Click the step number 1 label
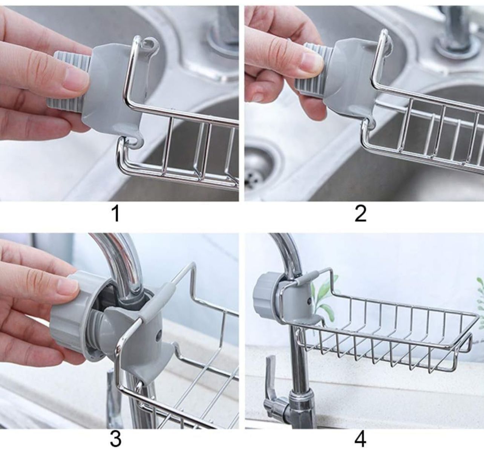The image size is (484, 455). (x=116, y=214)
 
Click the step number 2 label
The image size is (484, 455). (x=360, y=214)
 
